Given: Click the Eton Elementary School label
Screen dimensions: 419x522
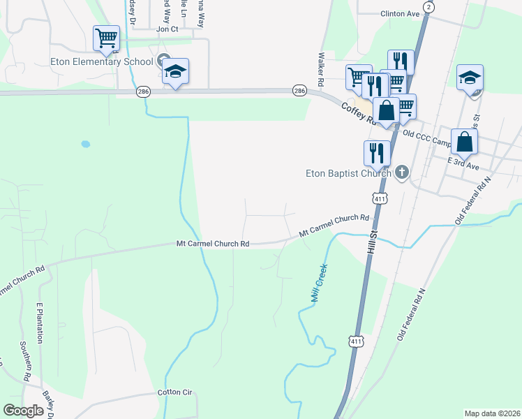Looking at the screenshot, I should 101,61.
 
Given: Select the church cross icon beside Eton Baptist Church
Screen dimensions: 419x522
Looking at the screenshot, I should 401,172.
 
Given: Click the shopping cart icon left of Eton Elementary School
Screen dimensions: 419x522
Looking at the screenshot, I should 107,38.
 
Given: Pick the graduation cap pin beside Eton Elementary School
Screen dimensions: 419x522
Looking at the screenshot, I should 175,73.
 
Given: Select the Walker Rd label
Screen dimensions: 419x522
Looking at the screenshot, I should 321,68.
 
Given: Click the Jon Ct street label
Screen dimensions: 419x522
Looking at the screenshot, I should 167,29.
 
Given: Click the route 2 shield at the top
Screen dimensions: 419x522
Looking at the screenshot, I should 428,6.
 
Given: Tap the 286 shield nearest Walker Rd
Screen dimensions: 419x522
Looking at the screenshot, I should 299,91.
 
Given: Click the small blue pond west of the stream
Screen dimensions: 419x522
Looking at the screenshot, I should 85,145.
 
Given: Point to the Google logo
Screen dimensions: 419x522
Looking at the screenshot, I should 24,411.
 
